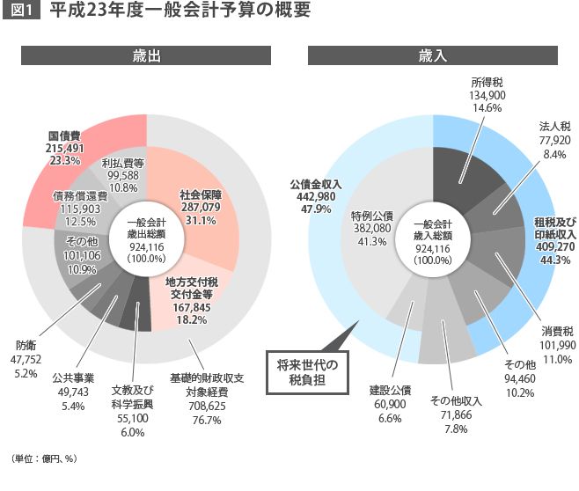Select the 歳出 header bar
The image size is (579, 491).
pyautogui.click(x=146, y=55)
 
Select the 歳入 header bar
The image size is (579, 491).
pyautogui.click(x=432, y=55)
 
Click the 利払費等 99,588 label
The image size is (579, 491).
pyautogui.click(x=122, y=175)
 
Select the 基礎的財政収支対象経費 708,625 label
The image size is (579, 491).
pyautogui.click(x=209, y=396)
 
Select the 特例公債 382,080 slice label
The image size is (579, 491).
pyautogui.click(x=371, y=227)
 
